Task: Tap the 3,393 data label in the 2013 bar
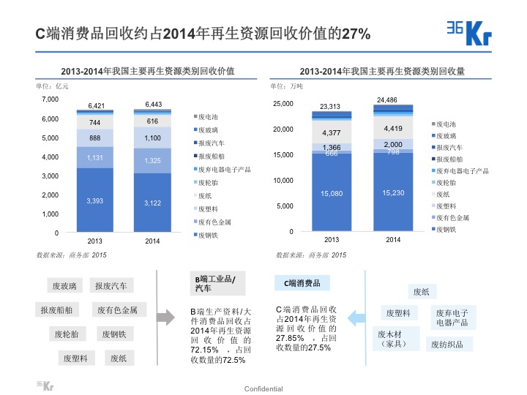[95, 200]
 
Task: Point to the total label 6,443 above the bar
[152, 104]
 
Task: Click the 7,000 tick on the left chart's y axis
[51, 99]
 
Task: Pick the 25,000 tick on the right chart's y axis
[283, 104]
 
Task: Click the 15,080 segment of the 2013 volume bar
[331, 193]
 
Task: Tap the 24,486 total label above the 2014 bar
[387, 99]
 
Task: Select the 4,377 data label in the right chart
[331, 133]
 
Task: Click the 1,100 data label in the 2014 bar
[152, 138]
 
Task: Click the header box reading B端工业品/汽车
[215, 283]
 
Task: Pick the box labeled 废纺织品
[451, 344]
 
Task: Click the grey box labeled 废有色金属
[122, 309]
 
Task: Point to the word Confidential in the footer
[263, 388]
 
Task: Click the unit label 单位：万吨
[285, 86]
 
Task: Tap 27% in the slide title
[355, 34]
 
